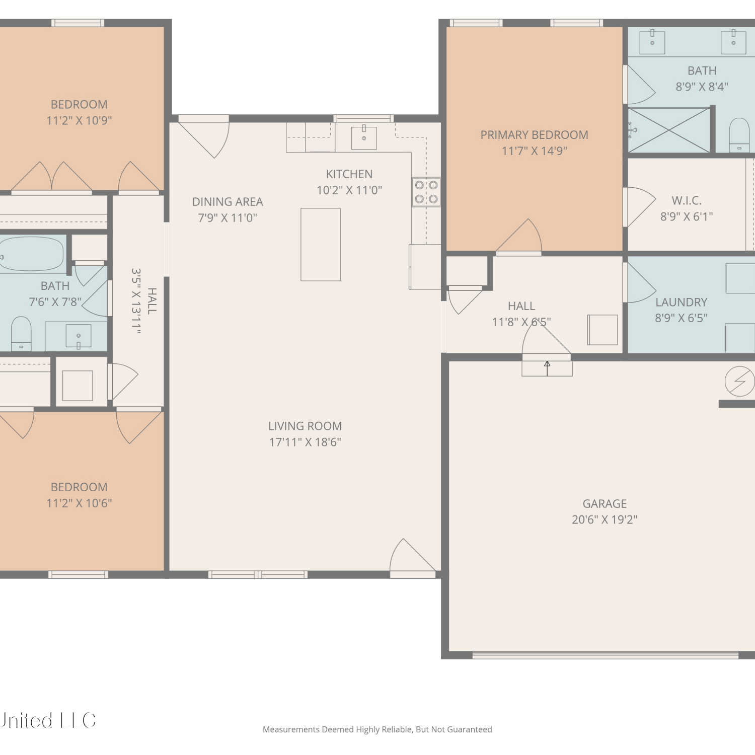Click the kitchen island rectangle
pyautogui.click(x=321, y=245)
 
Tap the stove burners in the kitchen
pyautogui.click(x=426, y=192)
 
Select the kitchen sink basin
pyautogui.click(x=364, y=137)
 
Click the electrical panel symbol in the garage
pyautogui.click(x=739, y=382)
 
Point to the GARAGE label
pyautogui.click(x=605, y=504)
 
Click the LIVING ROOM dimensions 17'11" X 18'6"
pyautogui.click(x=305, y=442)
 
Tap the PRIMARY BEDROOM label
pyautogui.click(x=534, y=135)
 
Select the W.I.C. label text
pyautogui.click(x=687, y=200)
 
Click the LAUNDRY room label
pyautogui.click(x=681, y=302)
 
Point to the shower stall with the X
pyautogui.click(x=669, y=130)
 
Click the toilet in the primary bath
pyautogui.click(x=739, y=134)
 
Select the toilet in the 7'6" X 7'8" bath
pyautogui.click(x=21, y=333)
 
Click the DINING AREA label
pyautogui.click(x=228, y=202)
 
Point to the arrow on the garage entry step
pyautogui.click(x=547, y=368)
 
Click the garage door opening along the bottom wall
pyautogui.click(x=606, y=655)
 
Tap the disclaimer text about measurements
pyautogui.click(x=377, y=729)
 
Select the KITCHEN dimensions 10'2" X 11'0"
pyautogui.click(x=349, y=190)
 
